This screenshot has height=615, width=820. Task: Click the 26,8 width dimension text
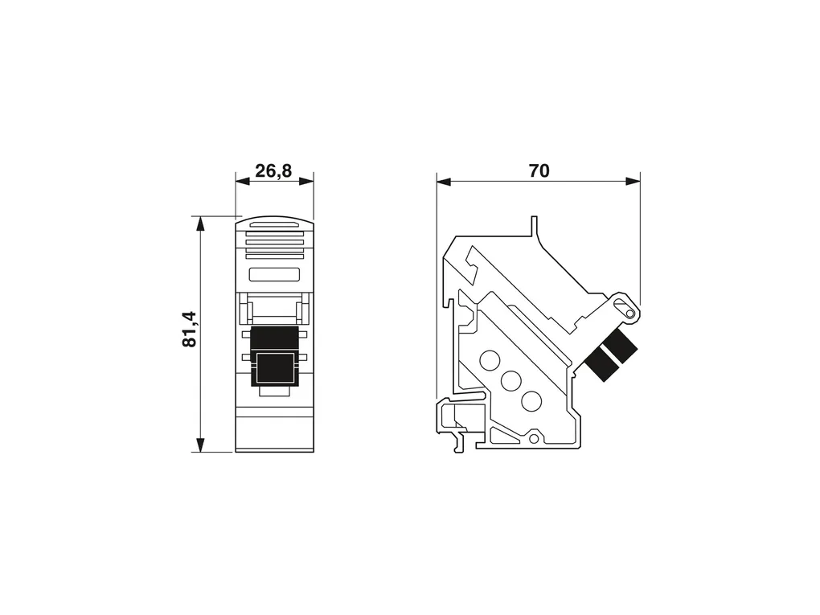tap(273, 170)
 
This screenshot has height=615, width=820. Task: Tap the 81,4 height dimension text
tap(189, 329)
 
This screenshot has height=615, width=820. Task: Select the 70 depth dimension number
tap(539, 170)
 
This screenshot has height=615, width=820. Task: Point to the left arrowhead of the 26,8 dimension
tap(243, 182)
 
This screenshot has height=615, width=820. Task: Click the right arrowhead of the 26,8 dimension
tap(306, 182)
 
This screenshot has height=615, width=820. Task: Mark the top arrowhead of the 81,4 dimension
tap(199, 223)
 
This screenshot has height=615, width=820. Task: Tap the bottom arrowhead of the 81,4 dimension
tap(199, 444)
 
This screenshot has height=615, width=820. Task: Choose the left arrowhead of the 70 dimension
tap(444, 182)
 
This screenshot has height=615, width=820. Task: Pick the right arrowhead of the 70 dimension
tap(633, 182)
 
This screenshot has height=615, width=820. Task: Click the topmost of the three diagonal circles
tap(490, 360)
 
